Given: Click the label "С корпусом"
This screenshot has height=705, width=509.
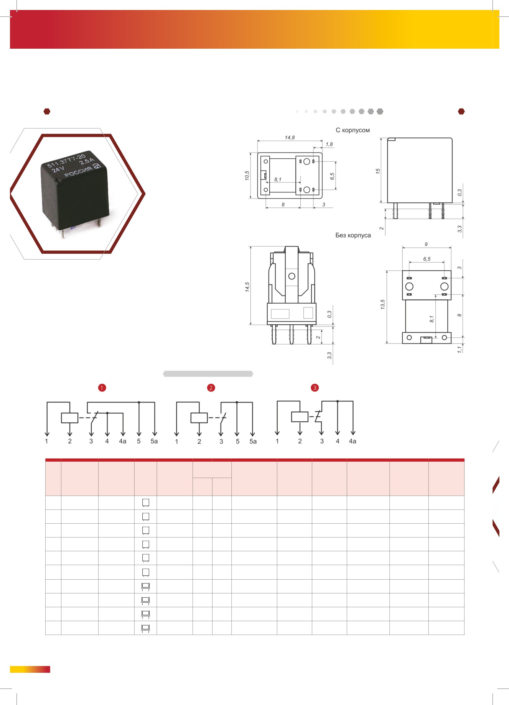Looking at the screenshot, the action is (x=353, y=130).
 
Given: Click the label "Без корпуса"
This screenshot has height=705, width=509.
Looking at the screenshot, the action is (x=353, y=235).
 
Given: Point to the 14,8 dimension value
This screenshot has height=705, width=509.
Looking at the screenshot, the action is (x=290, y=138).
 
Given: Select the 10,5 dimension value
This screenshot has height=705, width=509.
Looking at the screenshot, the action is (x=247, y=176).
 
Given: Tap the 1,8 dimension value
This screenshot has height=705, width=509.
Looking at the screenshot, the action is (x=329, y=145).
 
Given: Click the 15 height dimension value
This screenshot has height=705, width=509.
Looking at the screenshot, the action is (x=378, y=171).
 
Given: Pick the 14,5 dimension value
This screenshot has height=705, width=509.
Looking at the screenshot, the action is (x=247, y=287).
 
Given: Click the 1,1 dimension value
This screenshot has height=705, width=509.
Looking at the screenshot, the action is (x=460, y=349).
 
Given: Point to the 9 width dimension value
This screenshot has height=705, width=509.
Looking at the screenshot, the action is (x=426, y=244).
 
